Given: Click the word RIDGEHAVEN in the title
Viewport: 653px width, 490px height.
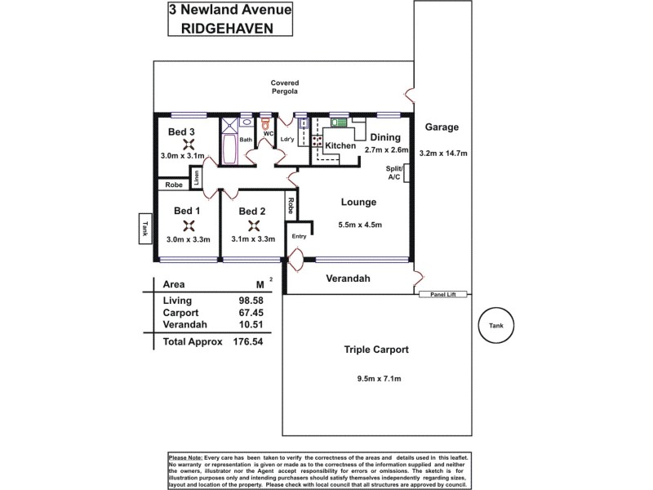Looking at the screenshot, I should click(232, 28).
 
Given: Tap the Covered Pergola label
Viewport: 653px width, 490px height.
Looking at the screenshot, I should click(286, 87).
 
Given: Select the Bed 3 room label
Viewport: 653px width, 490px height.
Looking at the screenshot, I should click(181, 131).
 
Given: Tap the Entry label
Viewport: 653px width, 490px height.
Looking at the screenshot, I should click(299, 236).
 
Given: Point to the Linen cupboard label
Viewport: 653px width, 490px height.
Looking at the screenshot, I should click(197, 176).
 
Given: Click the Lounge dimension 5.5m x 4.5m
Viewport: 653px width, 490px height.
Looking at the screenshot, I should click(359, 225).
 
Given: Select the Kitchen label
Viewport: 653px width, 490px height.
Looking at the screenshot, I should click(340, 146).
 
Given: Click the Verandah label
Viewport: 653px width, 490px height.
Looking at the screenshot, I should click(349, 279).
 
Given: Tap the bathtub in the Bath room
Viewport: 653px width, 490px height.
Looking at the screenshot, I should click(229, 151).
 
